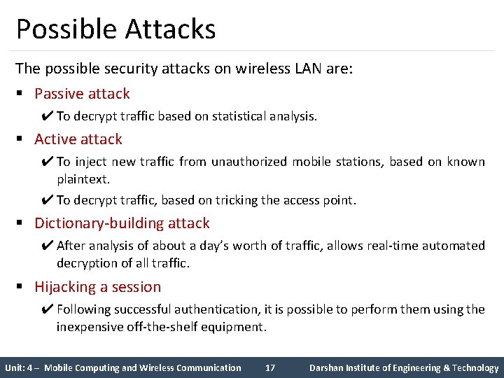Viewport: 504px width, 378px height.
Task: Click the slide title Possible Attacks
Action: point(115,29)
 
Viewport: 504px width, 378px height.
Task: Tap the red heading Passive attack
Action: point(82,94)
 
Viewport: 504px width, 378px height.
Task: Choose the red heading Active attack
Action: point(78,139)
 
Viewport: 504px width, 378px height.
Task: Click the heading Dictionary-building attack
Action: point(122,223)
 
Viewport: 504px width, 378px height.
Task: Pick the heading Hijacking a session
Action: point(97,287)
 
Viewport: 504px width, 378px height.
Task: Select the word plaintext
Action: point(83,179)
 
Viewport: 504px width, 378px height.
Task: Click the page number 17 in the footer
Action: point(270,367)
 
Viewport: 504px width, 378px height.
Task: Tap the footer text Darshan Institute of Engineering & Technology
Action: point(404,367)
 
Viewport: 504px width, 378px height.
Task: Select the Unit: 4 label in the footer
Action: point(20,367)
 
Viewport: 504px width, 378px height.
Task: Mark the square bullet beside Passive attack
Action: point(22,94)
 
